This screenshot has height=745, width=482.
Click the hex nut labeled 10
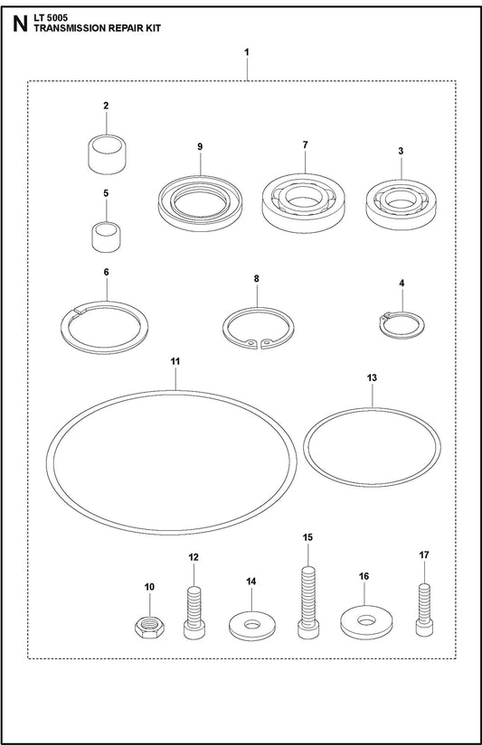coord(149,628)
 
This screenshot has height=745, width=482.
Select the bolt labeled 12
coord(194,613)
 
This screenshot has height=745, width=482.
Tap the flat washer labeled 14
coord(252,626)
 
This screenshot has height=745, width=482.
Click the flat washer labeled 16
coord(366,622)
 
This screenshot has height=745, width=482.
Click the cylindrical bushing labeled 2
coord(108,154)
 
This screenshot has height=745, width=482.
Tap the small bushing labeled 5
coord(106,237)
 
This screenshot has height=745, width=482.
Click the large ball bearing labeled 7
coord(305,203)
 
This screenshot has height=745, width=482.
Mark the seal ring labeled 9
coord(201,204)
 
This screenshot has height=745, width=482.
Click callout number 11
coord(175,361)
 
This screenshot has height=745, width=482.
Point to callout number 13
coord(372,377)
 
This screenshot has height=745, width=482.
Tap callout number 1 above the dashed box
coord(247,51)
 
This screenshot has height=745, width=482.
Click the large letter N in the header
coord(21,24)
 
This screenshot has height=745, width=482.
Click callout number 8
coord(257,278)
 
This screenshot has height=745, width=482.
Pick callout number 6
coord(106,272)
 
